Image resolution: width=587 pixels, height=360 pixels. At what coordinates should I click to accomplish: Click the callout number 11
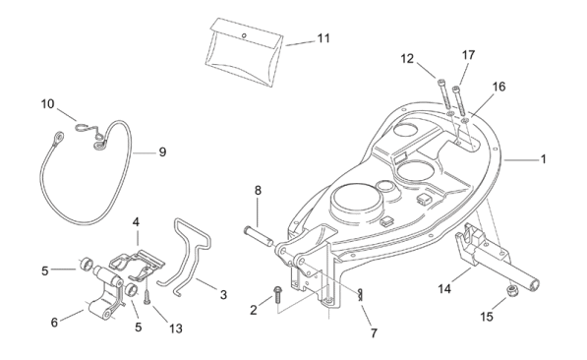point(323,38)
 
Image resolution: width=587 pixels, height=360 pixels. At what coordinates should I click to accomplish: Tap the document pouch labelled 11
point(245,52)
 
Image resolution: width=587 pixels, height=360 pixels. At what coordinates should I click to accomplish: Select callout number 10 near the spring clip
point(47,103)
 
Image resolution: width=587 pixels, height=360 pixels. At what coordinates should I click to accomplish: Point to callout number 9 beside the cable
point(162,152)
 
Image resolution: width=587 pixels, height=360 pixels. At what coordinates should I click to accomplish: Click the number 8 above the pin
point(258,190)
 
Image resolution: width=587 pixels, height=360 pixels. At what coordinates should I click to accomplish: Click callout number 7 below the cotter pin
point(374,332)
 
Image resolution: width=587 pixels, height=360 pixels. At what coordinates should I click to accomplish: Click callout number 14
point(444,289)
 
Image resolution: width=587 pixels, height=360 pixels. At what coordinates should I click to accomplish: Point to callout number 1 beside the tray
point(543,159)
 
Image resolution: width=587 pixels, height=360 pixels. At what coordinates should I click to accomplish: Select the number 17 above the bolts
point(468,55)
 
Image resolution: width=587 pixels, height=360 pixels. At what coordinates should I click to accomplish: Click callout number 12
point(407,59)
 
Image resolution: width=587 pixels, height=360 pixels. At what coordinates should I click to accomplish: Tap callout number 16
point(499,87)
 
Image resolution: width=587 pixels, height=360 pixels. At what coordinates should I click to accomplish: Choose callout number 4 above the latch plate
point(136,222)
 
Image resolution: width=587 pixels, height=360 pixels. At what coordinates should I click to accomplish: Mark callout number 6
point(54,323)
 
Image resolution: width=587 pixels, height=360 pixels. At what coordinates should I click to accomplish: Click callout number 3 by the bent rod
point(223,295)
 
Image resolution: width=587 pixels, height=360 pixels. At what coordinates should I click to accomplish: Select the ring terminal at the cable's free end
point(58,136)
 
